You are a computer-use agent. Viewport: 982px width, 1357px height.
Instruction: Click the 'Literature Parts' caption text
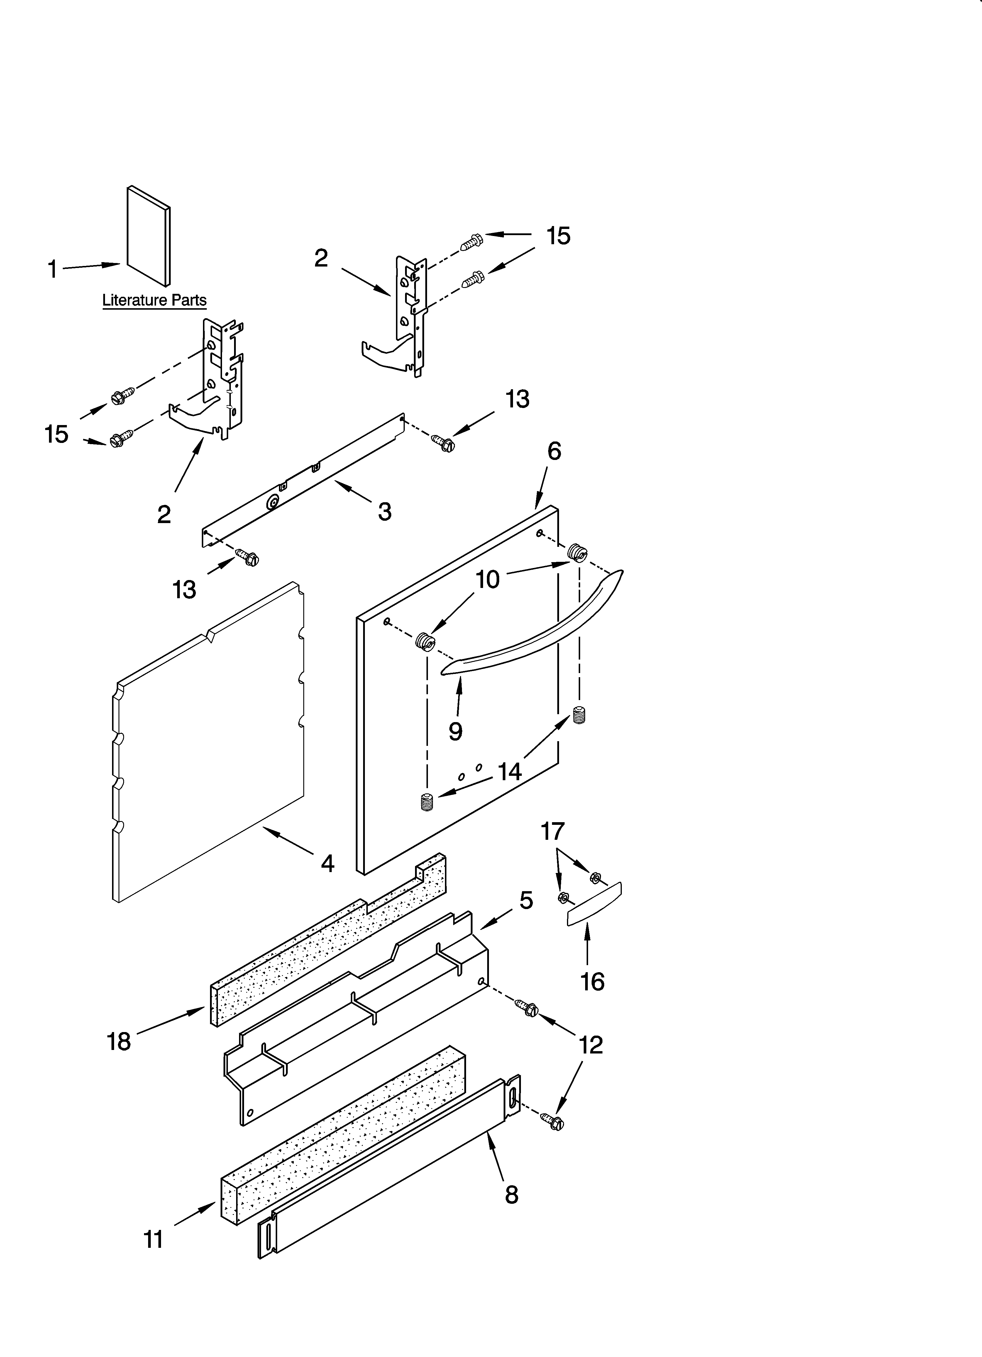[154, 300]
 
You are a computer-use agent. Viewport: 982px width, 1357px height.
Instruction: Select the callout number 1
[53, 270]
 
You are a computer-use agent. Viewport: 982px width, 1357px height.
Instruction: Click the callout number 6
[554, 452]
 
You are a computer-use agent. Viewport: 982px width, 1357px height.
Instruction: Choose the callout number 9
[456, 731]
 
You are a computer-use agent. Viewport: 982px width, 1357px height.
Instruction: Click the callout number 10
[487, 580]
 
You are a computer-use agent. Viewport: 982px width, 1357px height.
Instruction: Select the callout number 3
[385, 512]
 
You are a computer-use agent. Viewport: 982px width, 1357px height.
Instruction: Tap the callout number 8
[511, 1195]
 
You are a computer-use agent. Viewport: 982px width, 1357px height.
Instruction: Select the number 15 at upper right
[558, 236]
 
